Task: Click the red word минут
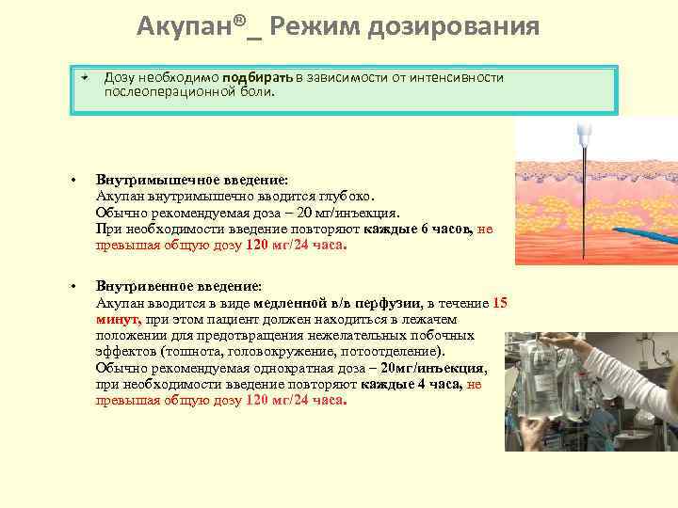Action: point(117,319)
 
